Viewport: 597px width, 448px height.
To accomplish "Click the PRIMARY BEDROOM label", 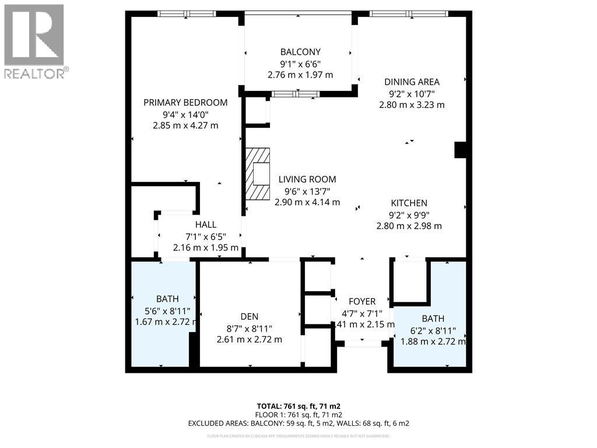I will coord(185,103).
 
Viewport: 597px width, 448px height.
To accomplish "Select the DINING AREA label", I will coord(412,82).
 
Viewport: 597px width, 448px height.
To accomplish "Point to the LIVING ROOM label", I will coord(307,180).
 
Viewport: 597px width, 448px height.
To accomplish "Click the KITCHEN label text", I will coord(409,203).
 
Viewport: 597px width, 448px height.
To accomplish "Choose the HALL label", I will coord(206,225).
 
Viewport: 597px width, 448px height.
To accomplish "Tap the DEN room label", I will coord(249,316).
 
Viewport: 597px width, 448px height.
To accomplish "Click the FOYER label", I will coord(361,302).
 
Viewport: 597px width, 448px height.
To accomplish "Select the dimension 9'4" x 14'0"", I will coord(185,114).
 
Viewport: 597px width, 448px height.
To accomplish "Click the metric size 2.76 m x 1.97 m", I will coord(300,75).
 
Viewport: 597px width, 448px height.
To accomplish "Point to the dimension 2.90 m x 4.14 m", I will coord(307,202).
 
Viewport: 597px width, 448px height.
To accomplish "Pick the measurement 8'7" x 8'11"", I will coord(249,328).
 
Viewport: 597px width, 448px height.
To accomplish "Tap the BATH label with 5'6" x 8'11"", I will coord(167,299).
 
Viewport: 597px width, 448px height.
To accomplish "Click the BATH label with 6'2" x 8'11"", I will coord(433,318).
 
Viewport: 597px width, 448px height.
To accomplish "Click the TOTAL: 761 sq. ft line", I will coord(298,406).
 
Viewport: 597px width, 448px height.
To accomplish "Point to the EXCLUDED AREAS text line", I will coord(298,423).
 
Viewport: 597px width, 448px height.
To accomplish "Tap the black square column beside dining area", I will coord(461,150).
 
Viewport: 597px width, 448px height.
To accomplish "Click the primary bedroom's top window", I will coord(187,13).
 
